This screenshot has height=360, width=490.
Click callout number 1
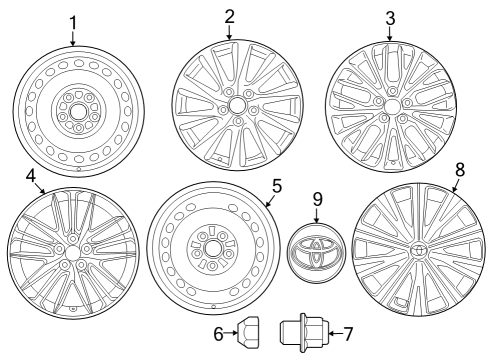click(x=73, y=22)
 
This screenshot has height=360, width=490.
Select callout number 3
click(x=391, y=17)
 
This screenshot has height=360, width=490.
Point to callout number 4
click(x=31, y=176)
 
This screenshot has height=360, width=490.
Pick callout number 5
click(x=276, y=186)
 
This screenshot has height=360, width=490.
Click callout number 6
click(x=217, y=333)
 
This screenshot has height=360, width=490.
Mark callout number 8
click(x=460, y=170)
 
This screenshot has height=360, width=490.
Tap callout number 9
click(x=316, y=199)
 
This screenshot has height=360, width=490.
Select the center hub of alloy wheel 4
click(x=71, y=248)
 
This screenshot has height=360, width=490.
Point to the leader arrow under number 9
click(x=316, y=216)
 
